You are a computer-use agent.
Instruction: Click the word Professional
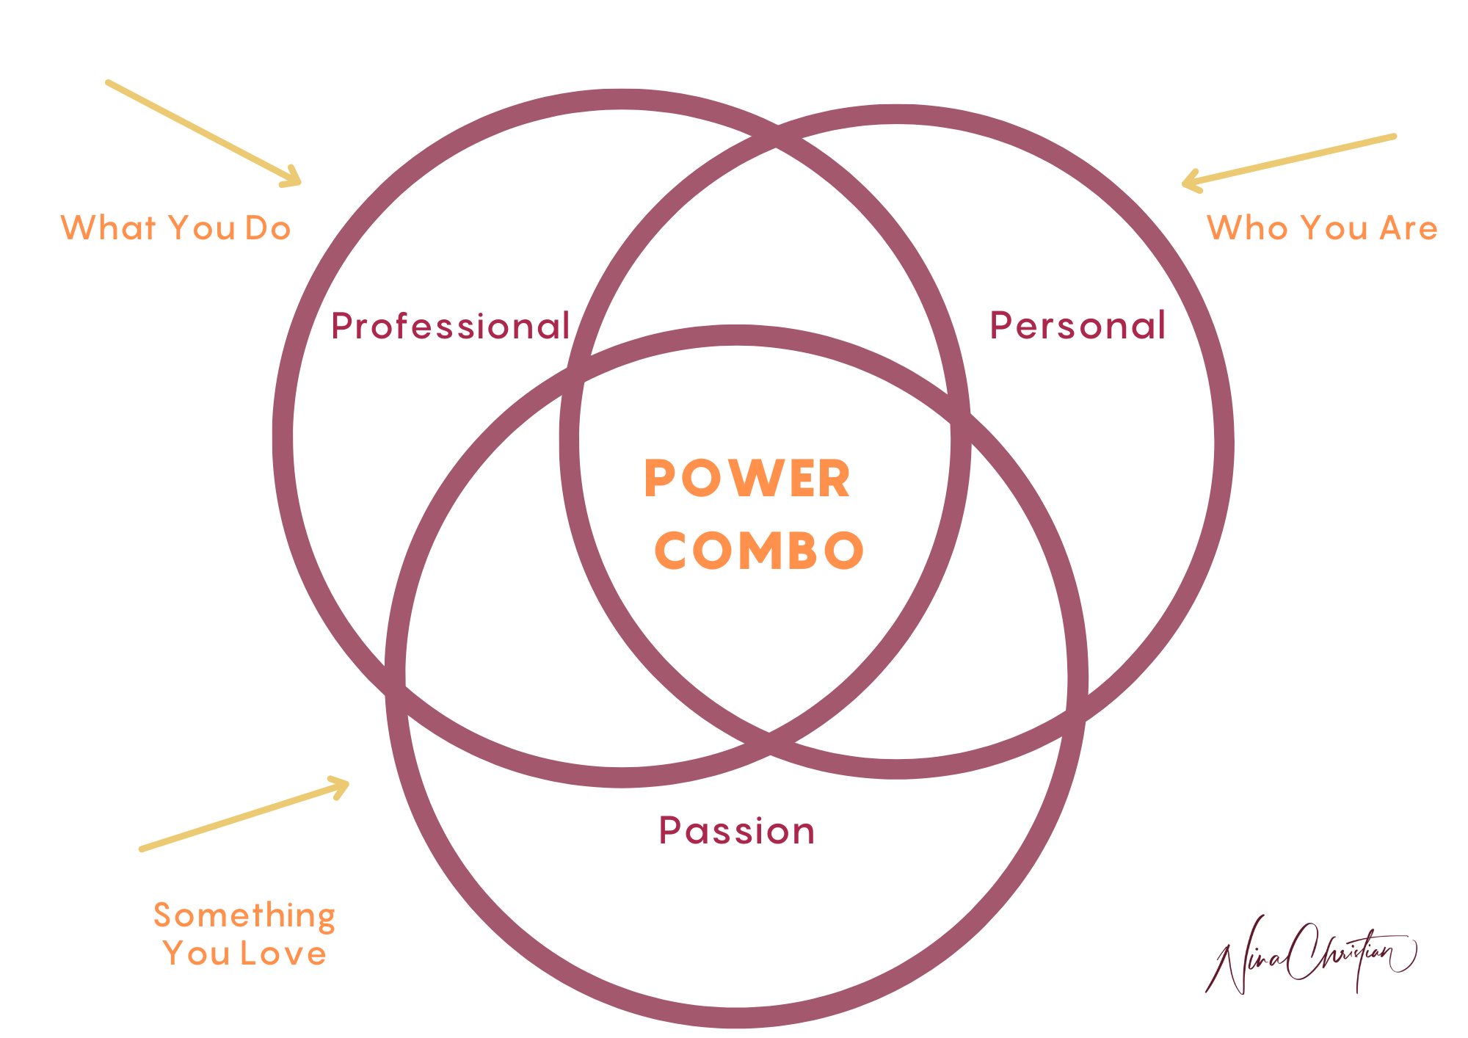point(450,327)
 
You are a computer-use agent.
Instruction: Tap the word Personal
point(1078,326)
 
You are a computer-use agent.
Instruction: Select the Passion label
point(736,831)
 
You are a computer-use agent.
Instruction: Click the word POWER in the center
point(747,479)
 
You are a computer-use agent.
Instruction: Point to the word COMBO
point(759,551)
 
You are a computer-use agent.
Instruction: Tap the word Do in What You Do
point(268,228)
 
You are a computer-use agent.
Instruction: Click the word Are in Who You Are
point(1409,228)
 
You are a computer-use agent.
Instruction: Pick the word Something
point(244,915)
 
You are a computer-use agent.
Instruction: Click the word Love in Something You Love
point(283,954)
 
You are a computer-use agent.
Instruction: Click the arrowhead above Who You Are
point(1191,181)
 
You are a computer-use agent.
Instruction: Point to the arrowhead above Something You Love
point(340,786)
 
